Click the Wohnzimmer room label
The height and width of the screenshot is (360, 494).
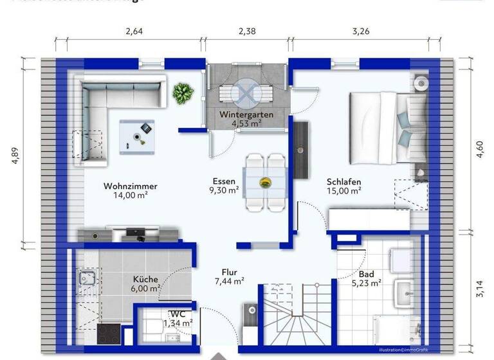[x=131, y=186]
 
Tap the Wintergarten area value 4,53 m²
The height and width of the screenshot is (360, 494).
[x=246, y=123]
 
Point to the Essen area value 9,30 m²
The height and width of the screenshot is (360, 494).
[x=224, y=190]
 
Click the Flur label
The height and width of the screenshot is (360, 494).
[x=229, y=271]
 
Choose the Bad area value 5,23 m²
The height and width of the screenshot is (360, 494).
[x=367, y=282]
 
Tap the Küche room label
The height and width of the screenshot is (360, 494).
[x=145, y=280]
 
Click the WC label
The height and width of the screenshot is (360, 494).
[x=178, y=314]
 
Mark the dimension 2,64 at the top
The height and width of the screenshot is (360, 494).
[x=134, y=30]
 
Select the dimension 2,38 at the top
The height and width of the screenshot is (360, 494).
[x=247, y=30]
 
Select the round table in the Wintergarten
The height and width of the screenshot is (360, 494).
[x=247, y=94]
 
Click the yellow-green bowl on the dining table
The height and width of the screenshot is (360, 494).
[x=265, y=183]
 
